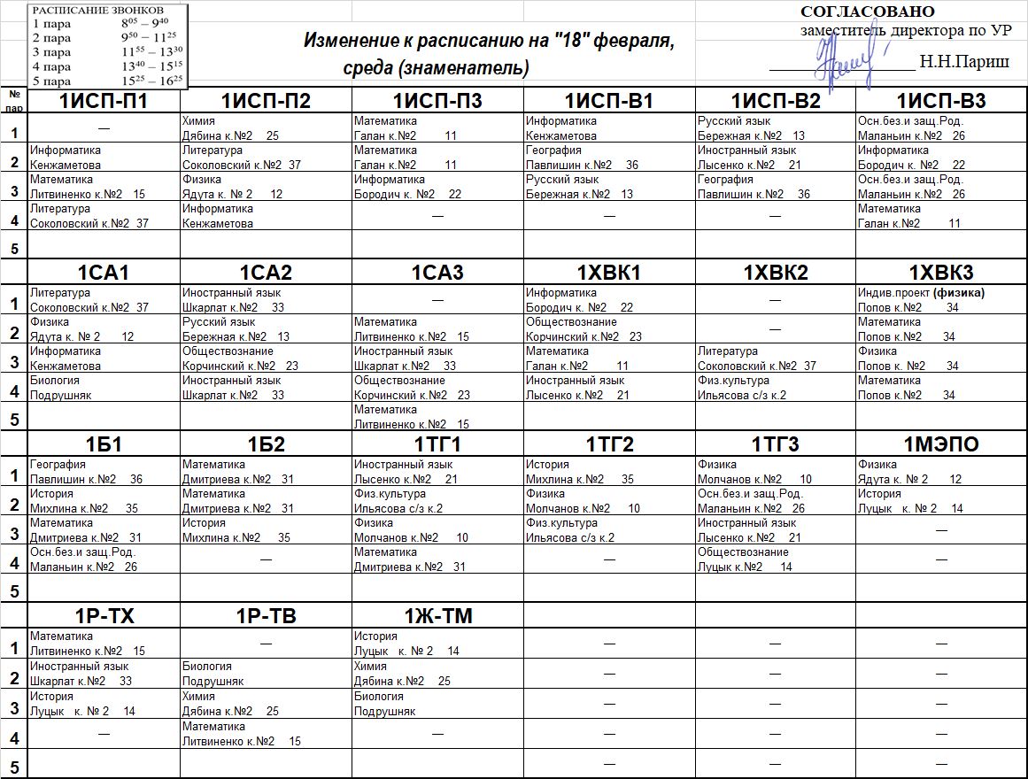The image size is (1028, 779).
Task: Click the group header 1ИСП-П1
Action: (104, 101)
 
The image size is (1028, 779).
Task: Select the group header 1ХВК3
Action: (941, 273)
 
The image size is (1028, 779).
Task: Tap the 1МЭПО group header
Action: (941, 444)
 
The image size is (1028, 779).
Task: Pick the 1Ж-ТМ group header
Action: (437, 616)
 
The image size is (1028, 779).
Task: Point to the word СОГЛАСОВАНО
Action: (867, 12)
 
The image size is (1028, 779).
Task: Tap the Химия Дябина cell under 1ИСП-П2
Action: (266, 128)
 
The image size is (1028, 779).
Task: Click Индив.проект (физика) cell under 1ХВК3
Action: (941, 300)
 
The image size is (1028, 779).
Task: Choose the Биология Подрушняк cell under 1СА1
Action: (104, 388)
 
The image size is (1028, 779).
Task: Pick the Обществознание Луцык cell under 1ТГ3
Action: (775, 559)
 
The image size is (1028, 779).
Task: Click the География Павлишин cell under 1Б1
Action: (104, 472)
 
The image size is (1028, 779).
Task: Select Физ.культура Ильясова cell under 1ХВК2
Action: (775, 388)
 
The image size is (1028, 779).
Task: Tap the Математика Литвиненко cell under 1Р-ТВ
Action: (266, 734)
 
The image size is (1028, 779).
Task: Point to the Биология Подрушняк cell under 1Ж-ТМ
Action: (437, 704)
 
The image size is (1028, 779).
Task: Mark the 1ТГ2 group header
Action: (609, 444)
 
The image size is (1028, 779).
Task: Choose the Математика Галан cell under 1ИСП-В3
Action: (941, 216)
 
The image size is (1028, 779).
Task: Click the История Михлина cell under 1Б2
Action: (266, 530)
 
